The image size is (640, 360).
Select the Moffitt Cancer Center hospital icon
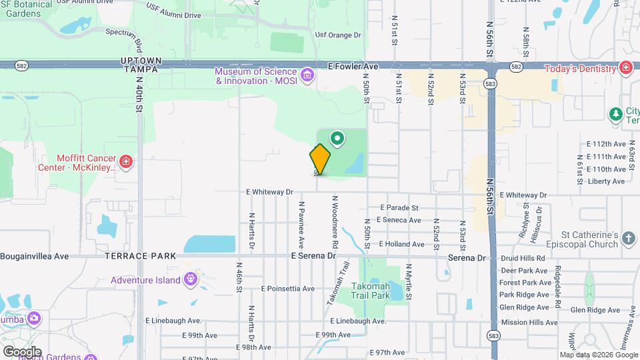pyautogui.click(x=125, y=161)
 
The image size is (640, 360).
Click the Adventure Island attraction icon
pyautogui.click(x=191, y=279)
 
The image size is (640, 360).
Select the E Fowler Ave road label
pyautogui.click(x=353, y=67)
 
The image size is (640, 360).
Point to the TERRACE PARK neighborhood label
pyautogui.click(x=141, y=256)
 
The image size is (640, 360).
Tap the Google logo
pyautogui.click(x=21, y=351)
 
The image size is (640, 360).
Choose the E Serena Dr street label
pyautogui.click(x=313, y=256)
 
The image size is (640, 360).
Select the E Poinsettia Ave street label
pyautogui.click(x=287, y=289)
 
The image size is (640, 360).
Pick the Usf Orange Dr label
pyautogui.click(x=338, y=35)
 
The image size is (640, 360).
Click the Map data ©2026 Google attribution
pyautogui.click(x=599, y=355)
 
